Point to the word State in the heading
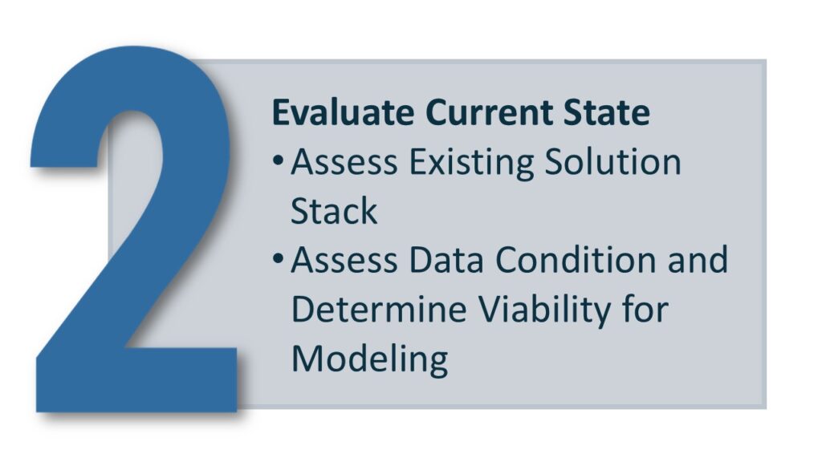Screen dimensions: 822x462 pos(607,112)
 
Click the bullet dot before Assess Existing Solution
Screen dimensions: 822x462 pos(279,160)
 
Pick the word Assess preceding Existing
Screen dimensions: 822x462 pos(344,162)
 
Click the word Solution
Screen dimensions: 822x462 pos(612,161)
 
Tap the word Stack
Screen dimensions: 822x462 pos(334,211)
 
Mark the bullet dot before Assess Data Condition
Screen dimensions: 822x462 pos(279,257)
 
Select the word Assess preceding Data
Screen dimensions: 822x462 pos(344,260)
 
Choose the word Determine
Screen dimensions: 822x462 pos(379,309)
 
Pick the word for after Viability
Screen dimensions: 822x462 pos(646,308)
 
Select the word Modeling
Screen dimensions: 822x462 pos(369,360)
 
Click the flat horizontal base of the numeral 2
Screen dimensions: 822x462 pos(136,379)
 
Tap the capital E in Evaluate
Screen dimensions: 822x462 pos(281,112)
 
